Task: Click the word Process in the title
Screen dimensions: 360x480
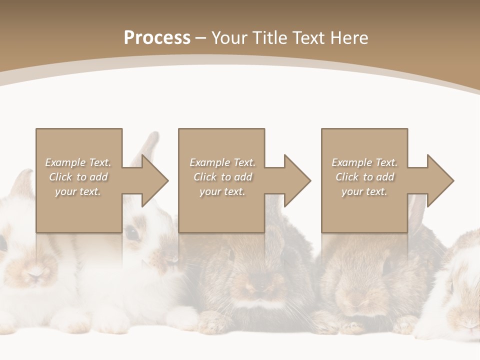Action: [157, 38]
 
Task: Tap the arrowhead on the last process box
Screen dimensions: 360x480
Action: [440, 180]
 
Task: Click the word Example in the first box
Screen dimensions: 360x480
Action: [64, 162]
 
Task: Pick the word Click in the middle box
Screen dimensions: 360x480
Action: [205, 177]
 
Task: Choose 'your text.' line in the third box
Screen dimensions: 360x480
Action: [364, 191]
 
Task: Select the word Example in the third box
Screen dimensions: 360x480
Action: [351, 162]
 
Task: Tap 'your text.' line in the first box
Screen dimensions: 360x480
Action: [77, 191]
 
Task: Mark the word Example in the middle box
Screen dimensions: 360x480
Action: [209, 162]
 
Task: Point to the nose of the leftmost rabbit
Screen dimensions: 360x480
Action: [35, 274]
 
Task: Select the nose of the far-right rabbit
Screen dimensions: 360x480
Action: [470, 323]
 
